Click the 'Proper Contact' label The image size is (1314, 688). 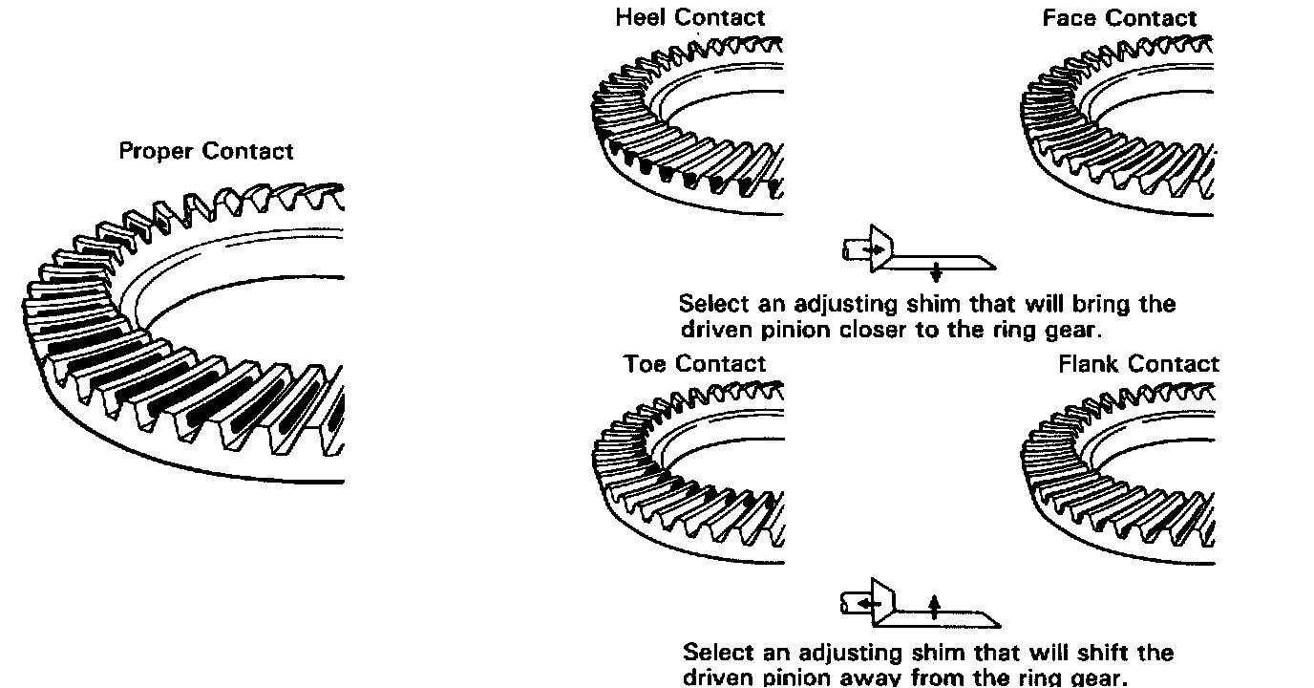pyautogui.click(x=206, y=151)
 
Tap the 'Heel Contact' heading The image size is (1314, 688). pyautogui.click(x=689, y=17)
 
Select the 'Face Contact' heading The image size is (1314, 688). pyautogui.click(x=1119, y=18)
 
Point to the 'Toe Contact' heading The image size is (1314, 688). pyautogui.click(x=694, y=364)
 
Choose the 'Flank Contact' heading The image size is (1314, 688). pyautogui.click(x=1138, y=364)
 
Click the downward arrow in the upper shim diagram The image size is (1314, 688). pyautogui.click(x=936, y=271)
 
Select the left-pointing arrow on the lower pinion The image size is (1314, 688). pyautogui.click(x=867, y=604)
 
